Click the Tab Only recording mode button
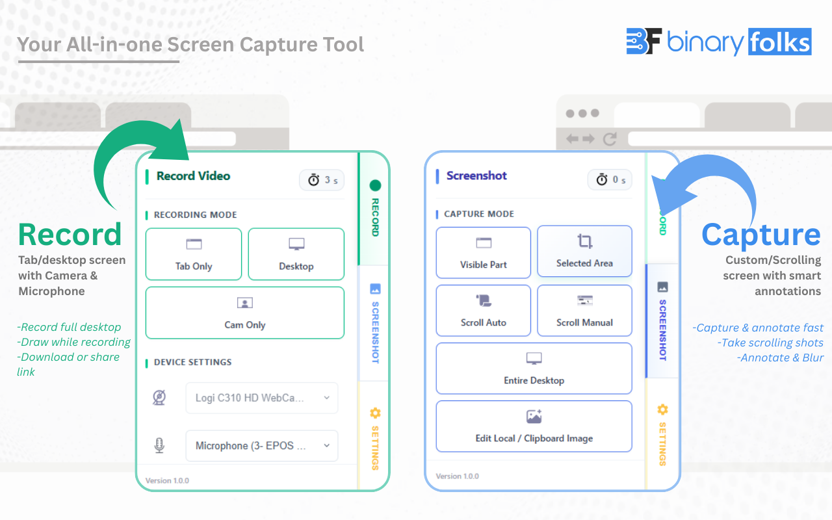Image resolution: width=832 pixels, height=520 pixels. (x=194, y=254)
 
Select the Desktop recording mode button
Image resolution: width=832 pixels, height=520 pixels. (x=296, y=254)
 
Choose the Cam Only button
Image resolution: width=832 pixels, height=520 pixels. (x=245, y=313)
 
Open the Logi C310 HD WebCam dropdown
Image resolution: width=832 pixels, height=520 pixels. (x=262, y=398)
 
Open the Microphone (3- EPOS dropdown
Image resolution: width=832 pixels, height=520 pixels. (x=262, y=446)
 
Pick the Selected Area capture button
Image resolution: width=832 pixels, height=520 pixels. (x=584, y=252)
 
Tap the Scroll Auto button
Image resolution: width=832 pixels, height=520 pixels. (x=484, y=311)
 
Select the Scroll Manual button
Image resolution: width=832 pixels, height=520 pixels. (x=584, y=311)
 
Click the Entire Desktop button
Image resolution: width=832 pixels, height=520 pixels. (x=534, y=369)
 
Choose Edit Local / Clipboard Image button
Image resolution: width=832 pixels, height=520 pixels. (x=534, y=426)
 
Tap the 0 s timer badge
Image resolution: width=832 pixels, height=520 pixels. (x=610, y=179)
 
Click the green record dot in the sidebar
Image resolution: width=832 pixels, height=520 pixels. (x=375, y=185)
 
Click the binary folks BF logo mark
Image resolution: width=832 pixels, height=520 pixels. (x=643, y=41)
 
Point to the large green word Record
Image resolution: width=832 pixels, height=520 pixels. (x=70, y=234)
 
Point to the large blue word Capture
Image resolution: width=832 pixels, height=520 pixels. (x=761, y=235)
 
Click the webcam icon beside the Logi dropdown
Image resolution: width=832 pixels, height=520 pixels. (x=159, y=398)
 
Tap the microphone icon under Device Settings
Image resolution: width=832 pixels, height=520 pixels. (x=159, y=446)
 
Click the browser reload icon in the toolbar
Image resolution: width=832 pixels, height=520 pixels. (x=610, y=138)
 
